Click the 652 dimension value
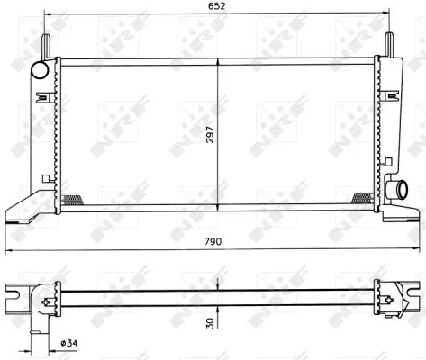point(216,6)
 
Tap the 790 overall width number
point(213,241)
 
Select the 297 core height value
point(211,134)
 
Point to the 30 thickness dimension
point(211,323)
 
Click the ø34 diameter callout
point(69,343)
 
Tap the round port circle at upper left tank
point(40,70)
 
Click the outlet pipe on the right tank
point(397,190)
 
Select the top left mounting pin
point(46,46)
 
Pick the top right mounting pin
point(389,44)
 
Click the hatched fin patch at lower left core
point(72,200)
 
